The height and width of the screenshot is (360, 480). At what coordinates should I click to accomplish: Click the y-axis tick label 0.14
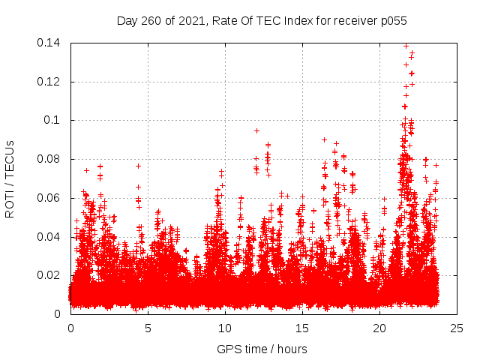point(50,43)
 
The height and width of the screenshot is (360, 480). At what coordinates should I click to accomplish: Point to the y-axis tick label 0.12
point(50,82)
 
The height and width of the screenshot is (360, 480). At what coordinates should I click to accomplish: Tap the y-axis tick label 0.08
point(50,159)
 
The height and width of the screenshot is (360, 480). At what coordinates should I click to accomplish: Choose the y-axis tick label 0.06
point(50,198)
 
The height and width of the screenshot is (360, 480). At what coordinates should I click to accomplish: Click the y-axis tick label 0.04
point(50,237)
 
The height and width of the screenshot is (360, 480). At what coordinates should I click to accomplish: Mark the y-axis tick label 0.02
point(50,275)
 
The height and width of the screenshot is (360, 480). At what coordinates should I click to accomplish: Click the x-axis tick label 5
point(148,328)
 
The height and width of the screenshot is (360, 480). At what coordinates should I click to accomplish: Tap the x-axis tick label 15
point(302,328)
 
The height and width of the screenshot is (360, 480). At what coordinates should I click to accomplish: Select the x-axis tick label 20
point(379,328)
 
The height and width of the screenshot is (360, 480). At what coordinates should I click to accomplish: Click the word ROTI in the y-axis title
point(10,204)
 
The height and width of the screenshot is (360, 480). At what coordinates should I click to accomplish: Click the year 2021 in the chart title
point(192,21)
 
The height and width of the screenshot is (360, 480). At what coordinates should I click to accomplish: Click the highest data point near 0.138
point(406,46)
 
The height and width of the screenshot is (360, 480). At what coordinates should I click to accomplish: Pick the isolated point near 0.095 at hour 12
point(256,130)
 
